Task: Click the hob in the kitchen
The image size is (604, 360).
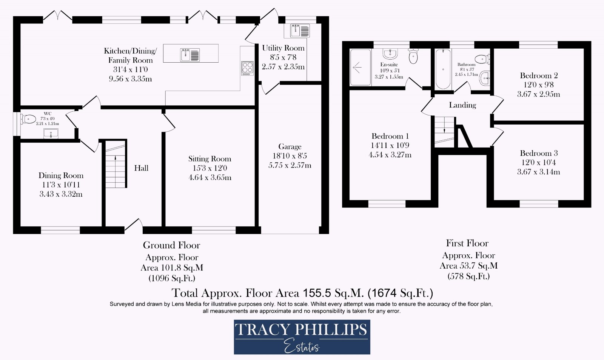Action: pyautogui.click(x=247, y=68)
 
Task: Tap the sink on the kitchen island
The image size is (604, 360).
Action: pyautogui.click(x=190, y=55)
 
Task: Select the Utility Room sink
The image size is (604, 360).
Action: pyautogui.click(x=300, y=31)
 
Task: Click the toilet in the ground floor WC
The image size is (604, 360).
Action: pyautogui.click(x=28, y=119)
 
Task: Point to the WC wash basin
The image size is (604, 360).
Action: pyautogui.click(x=51, y=133)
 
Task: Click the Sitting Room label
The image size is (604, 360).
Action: pyautogui.click(x=210, y=159)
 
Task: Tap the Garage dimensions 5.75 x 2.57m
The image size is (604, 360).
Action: pyautogui.click(x=290, y=165)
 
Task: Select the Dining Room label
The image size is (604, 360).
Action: pyautogui.click(x=61, y=175)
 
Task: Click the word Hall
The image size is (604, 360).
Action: pyautogui.click(x=141, y=168)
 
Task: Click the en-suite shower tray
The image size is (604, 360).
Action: pyautogui.click(x=360, y=68)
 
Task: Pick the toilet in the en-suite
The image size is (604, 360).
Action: pyautogui.click(x=413, y=57)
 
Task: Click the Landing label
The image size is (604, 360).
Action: pyautogui.click(x=462, y=105)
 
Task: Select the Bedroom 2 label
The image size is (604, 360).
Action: pyautogui.click(x=538, y=75)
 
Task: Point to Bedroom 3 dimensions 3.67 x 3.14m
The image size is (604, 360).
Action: pyautogui.click(x=538, y=172)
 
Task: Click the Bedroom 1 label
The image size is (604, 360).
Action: pyautogui.click(x=390, y=136)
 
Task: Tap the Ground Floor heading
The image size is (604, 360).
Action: pyautogui.click(x=171, y=245)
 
